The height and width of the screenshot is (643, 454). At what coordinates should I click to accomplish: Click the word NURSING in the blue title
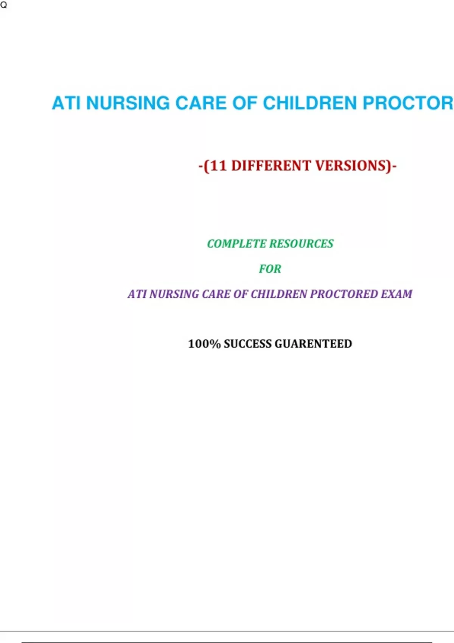click(128, 103)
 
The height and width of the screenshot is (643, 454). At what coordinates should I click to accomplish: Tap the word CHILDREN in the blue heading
click(310, 103)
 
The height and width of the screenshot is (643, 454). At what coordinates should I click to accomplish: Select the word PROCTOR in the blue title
click(408, 103)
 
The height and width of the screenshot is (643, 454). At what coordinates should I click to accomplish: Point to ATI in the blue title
click(66, 103)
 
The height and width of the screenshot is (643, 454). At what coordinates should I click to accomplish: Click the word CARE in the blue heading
click(201, 103)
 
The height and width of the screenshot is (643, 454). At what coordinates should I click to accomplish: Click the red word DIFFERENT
click(271, 166)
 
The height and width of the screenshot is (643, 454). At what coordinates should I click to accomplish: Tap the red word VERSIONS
click(351, 166)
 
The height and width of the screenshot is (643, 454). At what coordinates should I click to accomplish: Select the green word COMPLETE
click(237, 244)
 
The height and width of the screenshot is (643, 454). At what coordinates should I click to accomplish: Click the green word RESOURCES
click(302, 244)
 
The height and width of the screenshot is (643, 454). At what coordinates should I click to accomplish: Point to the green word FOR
click(270, 269)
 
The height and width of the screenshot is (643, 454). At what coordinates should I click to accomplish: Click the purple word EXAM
click(396, 294)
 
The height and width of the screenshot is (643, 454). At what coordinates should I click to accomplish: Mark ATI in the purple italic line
click(137, 294)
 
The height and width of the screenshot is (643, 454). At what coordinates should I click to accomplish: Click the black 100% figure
click(204, 343)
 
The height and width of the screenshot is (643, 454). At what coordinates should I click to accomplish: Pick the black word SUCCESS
click(247, 343)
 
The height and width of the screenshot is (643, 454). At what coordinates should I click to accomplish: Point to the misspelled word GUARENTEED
click(313, 343)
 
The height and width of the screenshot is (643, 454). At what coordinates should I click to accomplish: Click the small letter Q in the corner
click(3, 5)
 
